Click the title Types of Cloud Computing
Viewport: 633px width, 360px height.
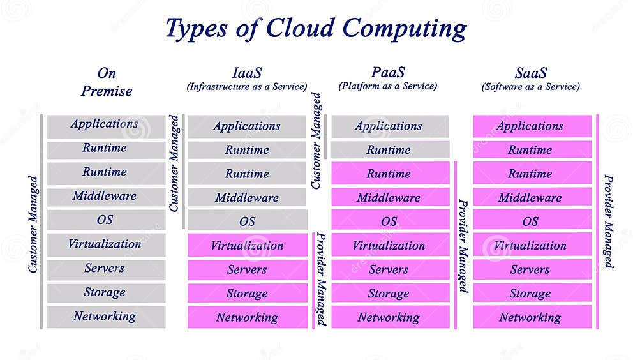tap(316, 29)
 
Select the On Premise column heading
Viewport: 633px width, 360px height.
tap(107, 82)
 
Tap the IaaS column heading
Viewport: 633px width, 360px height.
tap(246, 72)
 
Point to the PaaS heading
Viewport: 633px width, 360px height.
tap(388, 72)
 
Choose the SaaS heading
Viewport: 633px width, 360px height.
tap(530, 72)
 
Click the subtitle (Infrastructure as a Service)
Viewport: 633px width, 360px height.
tap(247, 86)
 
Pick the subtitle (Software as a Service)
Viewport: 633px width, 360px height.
tap(530, 86)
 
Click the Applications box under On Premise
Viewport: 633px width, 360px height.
tap(105, 124)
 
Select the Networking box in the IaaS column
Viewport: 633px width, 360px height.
tap(247, 317)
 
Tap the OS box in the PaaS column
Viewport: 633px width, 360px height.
tap(389, 221)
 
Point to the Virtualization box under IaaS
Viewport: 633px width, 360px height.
tap(247, 245)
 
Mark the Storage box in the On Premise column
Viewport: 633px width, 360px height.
tap(105, 292)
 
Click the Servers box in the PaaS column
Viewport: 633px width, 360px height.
tap(389, 269)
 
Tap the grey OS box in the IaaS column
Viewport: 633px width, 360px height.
tap(247, 221)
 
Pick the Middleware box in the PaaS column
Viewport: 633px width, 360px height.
tap(389, 197)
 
